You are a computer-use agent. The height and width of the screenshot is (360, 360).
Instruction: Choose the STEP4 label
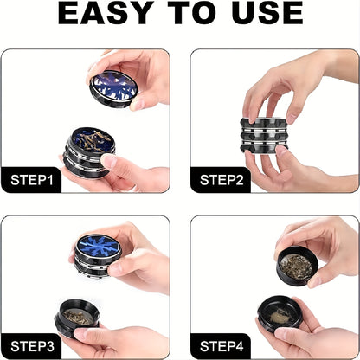(x=222, y=347)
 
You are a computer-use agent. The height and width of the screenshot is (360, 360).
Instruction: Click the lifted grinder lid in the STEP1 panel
(x=113, y=88)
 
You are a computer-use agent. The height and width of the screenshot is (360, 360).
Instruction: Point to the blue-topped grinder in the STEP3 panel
(x=99, y=247)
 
